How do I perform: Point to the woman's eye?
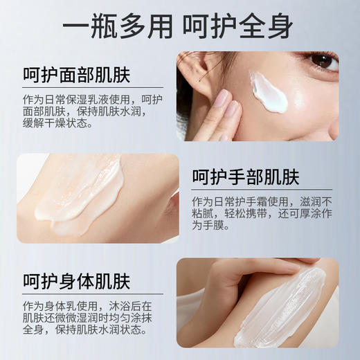323,62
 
